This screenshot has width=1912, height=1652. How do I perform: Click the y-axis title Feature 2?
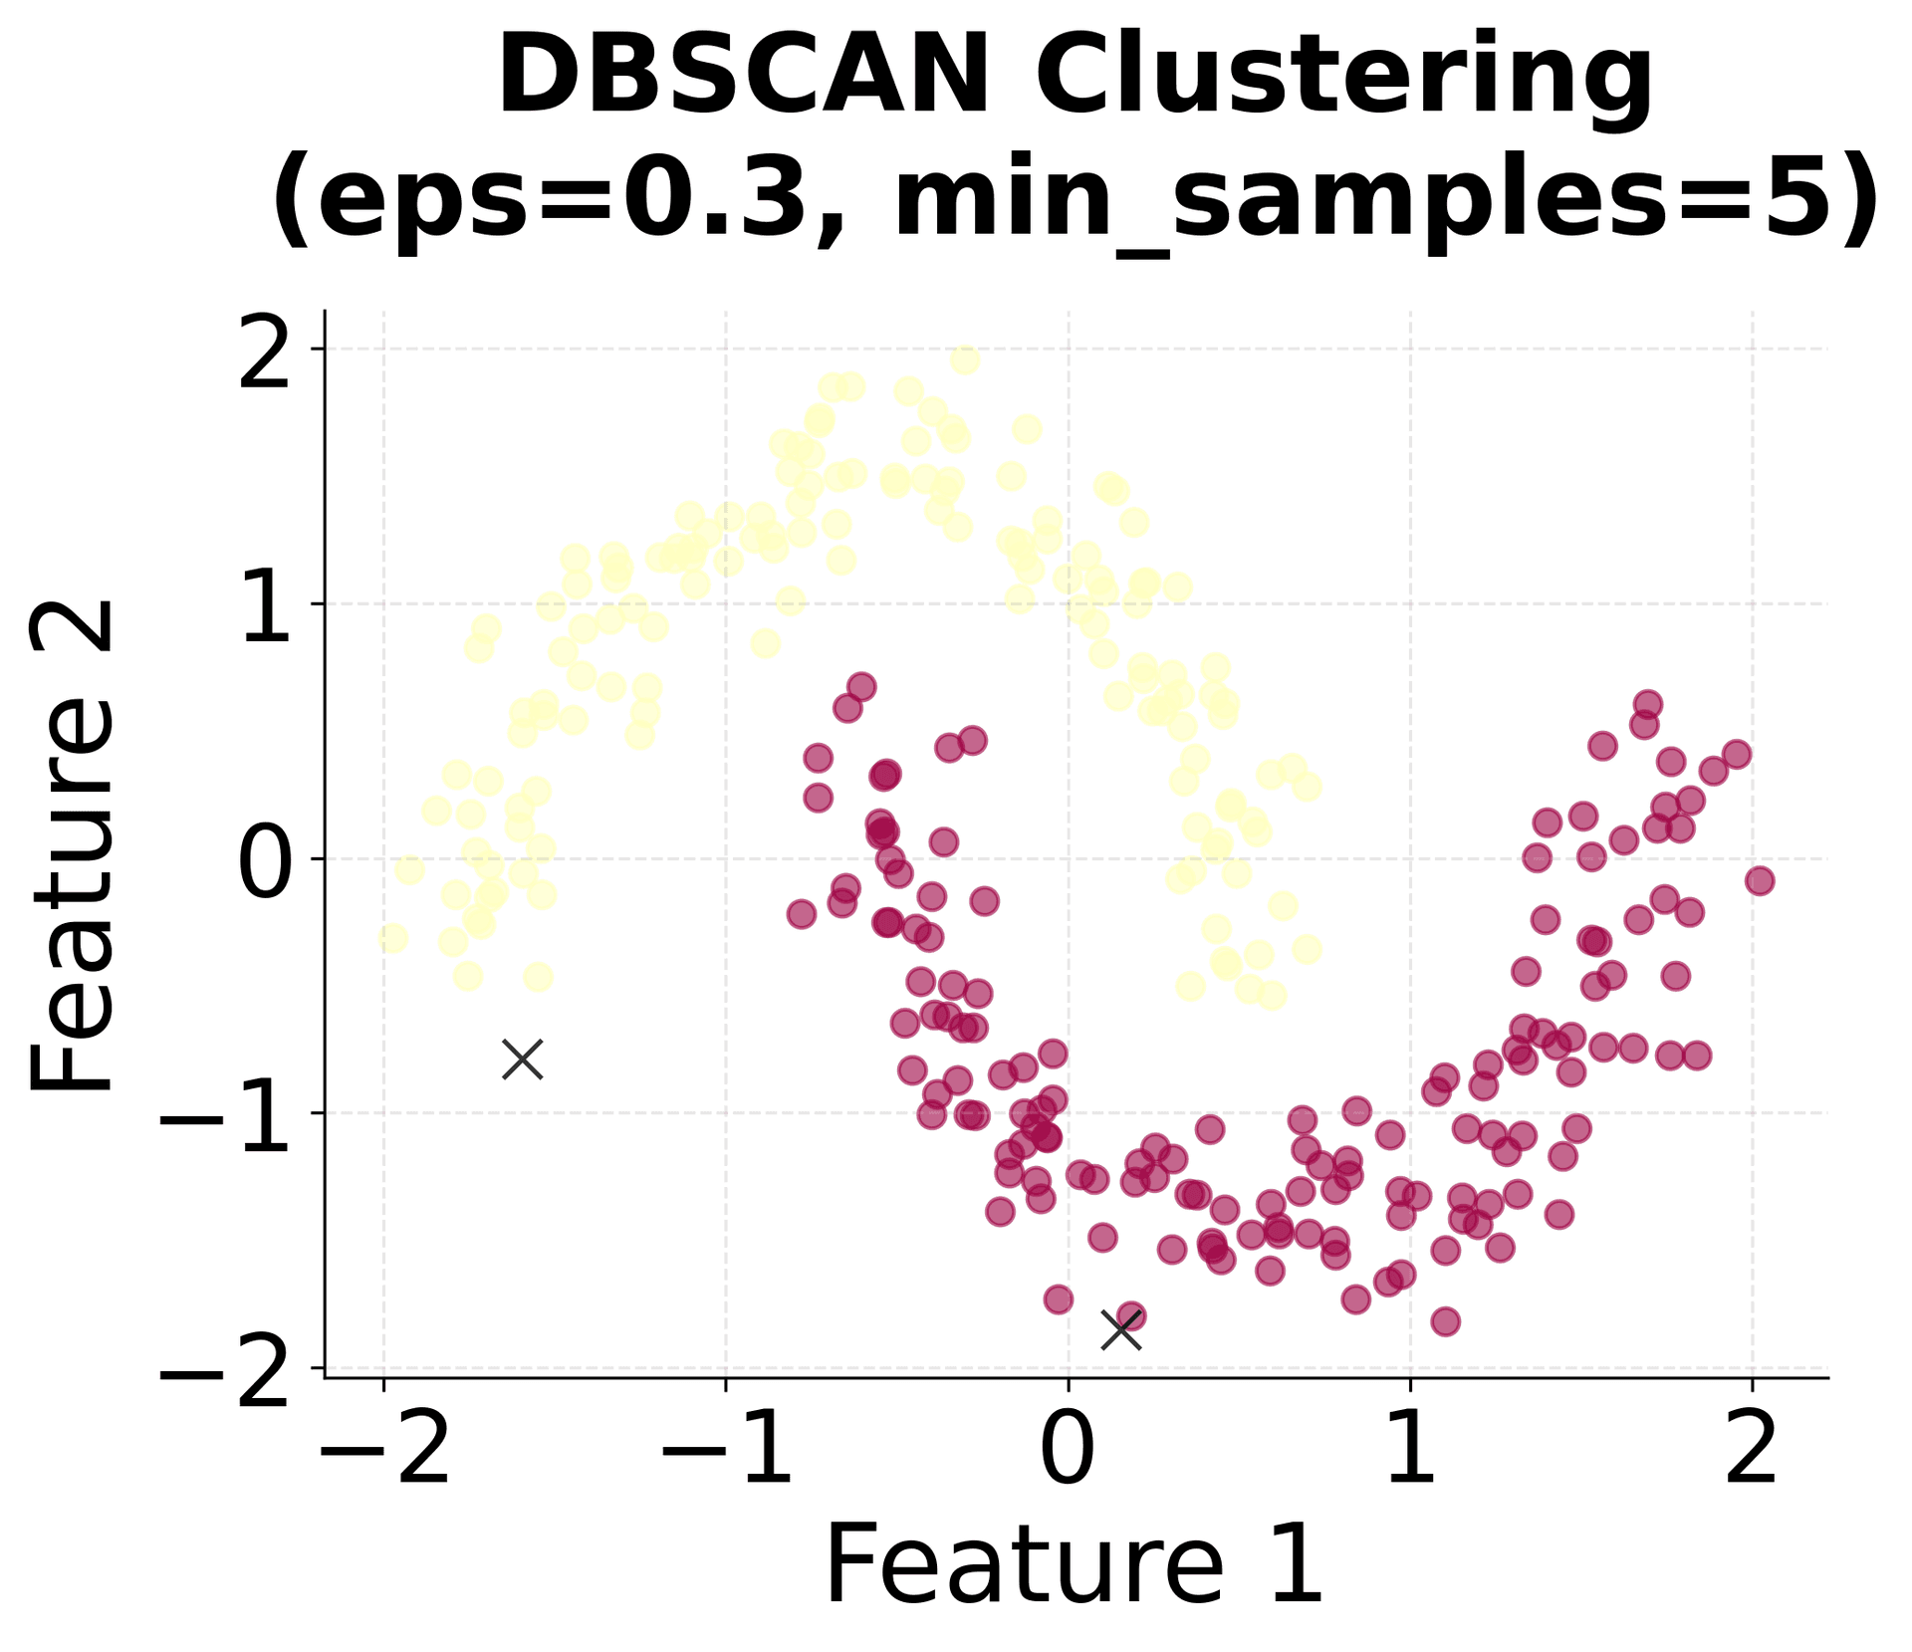click(72, 846)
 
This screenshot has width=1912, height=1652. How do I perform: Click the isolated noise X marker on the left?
click(523, 1060)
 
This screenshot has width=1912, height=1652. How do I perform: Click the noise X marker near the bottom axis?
click(1121, 1329)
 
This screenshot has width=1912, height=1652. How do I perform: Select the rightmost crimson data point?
click(1760, 880)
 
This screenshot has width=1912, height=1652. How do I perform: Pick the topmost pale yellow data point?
click(964, 359)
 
